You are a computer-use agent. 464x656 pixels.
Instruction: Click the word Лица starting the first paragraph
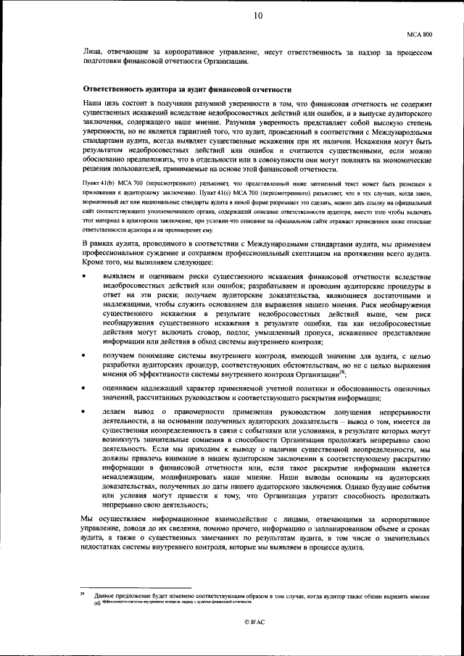tap(91, 52)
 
